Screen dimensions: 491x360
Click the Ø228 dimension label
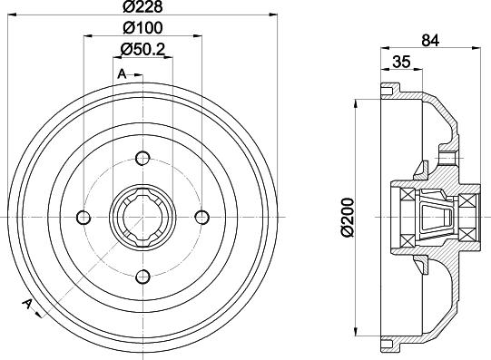142,7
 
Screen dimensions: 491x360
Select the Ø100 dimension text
142,28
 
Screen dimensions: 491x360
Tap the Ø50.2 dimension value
142,49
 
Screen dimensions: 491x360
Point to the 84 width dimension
430,40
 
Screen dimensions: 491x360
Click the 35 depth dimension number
401,62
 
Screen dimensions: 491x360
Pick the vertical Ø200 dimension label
348,217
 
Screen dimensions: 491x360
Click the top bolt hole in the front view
142,158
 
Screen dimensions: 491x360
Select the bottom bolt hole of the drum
142,277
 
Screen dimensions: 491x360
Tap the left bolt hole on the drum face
83,217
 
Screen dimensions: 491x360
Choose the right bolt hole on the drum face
202,217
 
